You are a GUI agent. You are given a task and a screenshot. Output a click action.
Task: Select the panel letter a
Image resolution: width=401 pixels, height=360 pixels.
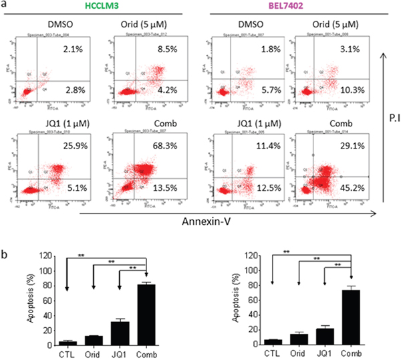(5, 6)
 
